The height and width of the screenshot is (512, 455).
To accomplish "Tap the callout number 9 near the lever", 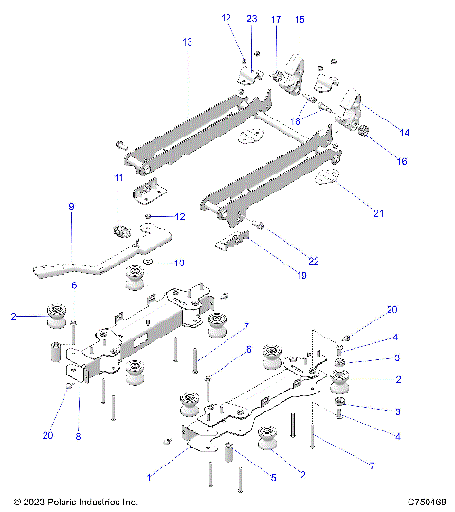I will pyautogui.click(x=70, y=206).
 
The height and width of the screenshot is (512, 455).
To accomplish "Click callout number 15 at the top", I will pyautogui.click(x=300, y=19).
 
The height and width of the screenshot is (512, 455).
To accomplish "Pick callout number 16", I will pyautogui.click(x=402, y=161).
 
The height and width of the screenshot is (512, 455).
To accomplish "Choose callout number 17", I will pyautogui.click(x=276, y=19).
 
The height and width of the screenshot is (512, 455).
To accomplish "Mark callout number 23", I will pyautogui.click(x=252, y=19).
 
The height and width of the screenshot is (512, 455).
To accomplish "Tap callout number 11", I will pyautogui.click(x=118, y=177).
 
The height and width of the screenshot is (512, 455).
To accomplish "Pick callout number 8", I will pyautogui.click(x=78, y=439).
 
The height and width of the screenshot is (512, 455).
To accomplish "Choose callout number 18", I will pyautogui.click(x=296, y=120).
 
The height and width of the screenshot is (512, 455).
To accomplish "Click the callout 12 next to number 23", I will pyautogui.click(x=226, y=18).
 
